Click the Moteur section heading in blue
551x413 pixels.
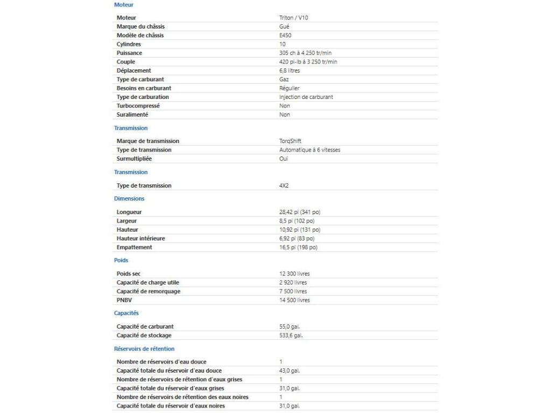pos(124,5)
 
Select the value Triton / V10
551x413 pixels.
pos(293,18)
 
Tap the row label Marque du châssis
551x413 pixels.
pos(140,26)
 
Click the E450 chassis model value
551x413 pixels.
pos(285,35)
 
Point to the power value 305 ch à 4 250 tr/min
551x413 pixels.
pos(308,53)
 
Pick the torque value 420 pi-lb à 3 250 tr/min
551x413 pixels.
pos(308,62)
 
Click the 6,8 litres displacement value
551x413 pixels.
pos(289,70)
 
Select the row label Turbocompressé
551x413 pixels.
pos(138,106)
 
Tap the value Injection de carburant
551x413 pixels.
pos(306,97)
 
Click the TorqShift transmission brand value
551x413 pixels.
pos(291,141)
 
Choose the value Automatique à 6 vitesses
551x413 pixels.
pos(309,150)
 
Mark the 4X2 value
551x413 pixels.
pos(284,186)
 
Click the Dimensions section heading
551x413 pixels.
pos(129,198)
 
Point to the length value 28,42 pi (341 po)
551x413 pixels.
pos(300,212)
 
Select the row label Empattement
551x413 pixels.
pos(135,247)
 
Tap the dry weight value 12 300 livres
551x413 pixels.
pos(294,274)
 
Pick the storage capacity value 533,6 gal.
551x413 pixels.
pos(291,336)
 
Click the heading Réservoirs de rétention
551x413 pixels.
pos(144,348)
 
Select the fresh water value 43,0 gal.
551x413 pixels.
pos(289,371)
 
